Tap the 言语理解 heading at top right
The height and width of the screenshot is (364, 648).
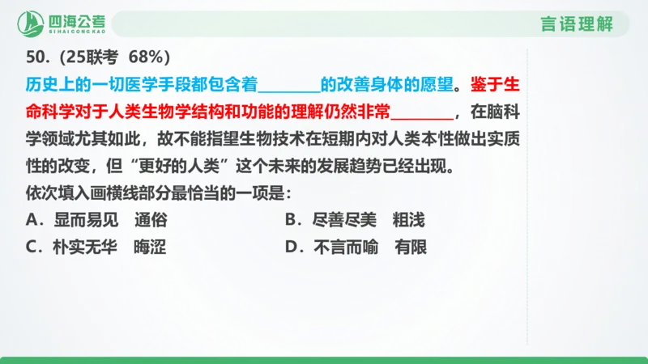(576, 24)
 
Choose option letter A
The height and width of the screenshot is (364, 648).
(32, 220)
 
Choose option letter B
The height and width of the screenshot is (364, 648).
(292, 220)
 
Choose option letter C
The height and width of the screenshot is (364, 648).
(32, 248)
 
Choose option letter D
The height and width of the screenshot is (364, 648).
(292, 248)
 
